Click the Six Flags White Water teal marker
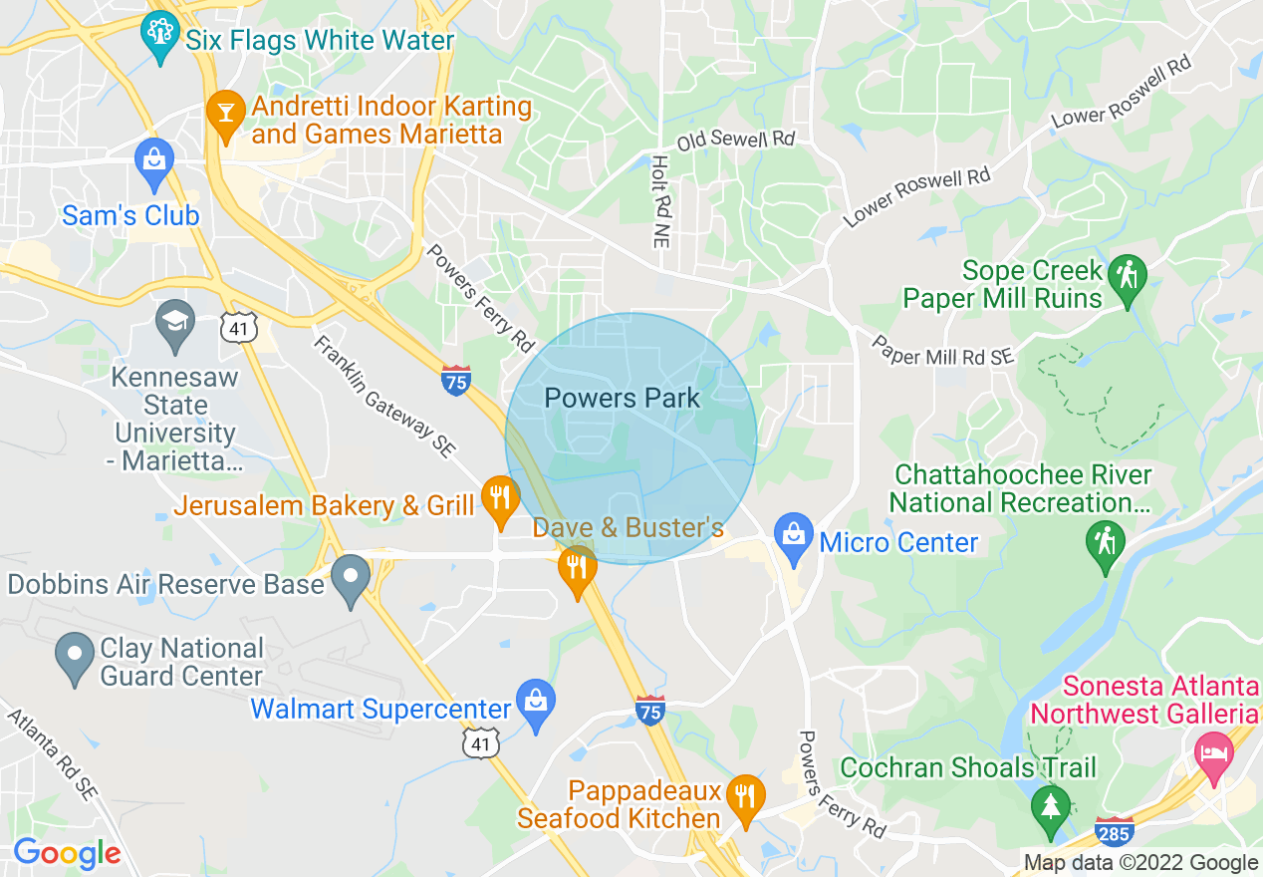pos(159,35)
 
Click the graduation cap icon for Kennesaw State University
pos(175,324)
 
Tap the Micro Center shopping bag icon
pos(794,536)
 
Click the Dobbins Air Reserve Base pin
pos(351,580)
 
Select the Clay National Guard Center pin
pos(75,657)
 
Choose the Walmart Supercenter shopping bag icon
pos(536,704)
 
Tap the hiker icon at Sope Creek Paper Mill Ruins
pos(1128,278)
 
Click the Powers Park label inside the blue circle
pos(623,399)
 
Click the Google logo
pos(67,853)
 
